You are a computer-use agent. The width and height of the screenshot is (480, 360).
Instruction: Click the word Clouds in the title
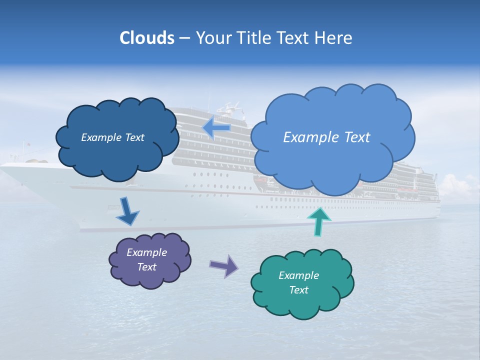click(146, 38)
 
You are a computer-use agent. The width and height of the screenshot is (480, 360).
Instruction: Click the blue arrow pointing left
click(216, 128)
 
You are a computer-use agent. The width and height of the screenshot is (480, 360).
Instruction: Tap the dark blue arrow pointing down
click(126, 212)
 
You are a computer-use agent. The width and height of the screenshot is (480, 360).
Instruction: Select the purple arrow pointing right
click(224, 265)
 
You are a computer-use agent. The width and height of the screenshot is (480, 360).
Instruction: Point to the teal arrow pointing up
click(318, 221)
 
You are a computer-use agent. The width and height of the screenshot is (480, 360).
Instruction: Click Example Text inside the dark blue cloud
click(112, 137)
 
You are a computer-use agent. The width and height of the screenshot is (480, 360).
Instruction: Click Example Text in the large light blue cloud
click(326, 137)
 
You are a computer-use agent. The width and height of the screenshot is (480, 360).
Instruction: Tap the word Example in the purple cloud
click(146, 252)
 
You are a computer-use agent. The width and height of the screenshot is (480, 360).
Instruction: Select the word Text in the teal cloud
click(298, 290)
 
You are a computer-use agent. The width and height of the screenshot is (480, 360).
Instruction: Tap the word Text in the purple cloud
click(146, 267)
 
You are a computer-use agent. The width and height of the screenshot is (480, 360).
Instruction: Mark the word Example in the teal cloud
click(298, 275)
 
